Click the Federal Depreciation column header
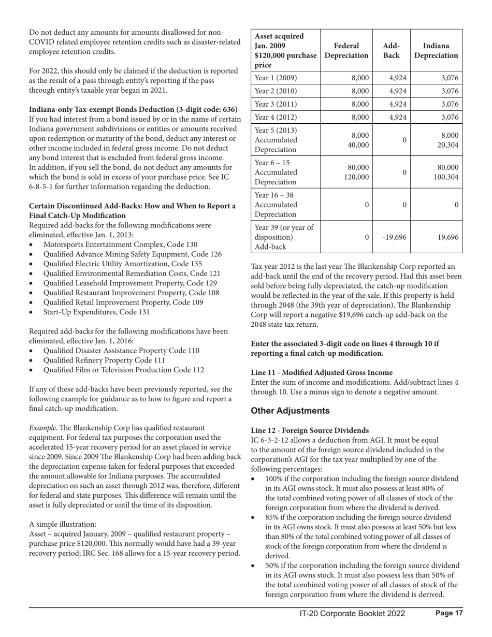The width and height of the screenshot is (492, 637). [346, 50]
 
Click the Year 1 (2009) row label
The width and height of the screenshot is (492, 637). [276, 78]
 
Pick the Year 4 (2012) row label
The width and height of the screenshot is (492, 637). [276, 117]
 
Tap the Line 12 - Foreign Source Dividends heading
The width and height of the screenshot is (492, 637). [310, 430]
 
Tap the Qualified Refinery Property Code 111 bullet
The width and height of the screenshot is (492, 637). [111, 360]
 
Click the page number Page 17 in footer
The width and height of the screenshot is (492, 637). [449, 613]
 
